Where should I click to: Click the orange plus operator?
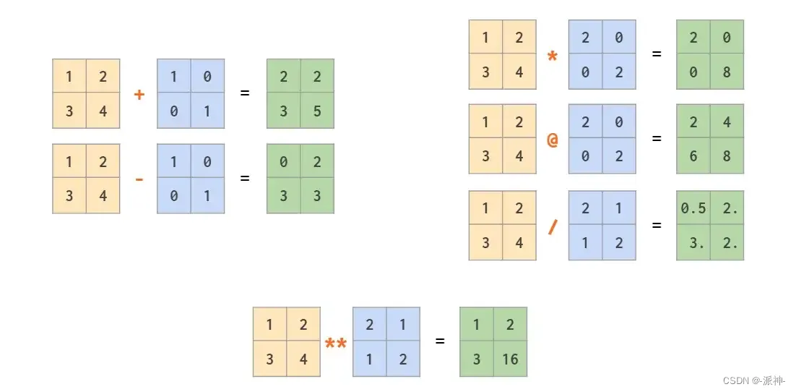[139, 94]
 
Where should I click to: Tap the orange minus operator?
[139, 179]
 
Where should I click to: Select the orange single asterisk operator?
[553, 56]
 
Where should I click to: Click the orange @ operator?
[553, 140]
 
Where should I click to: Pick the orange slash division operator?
[553, 226]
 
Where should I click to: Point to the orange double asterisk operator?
[335, 343]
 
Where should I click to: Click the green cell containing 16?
[510, 359]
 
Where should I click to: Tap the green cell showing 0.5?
[693, 208]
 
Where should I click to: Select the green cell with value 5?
[317, 111]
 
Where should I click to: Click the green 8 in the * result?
[727, 72]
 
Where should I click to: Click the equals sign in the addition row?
[245, 93]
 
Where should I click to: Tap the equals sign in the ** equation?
[440, 341]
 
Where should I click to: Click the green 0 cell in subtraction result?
[284, 162]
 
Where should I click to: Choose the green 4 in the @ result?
[727, 122]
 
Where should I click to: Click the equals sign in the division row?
[657, 225]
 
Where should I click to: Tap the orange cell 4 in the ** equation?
[303, 359]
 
